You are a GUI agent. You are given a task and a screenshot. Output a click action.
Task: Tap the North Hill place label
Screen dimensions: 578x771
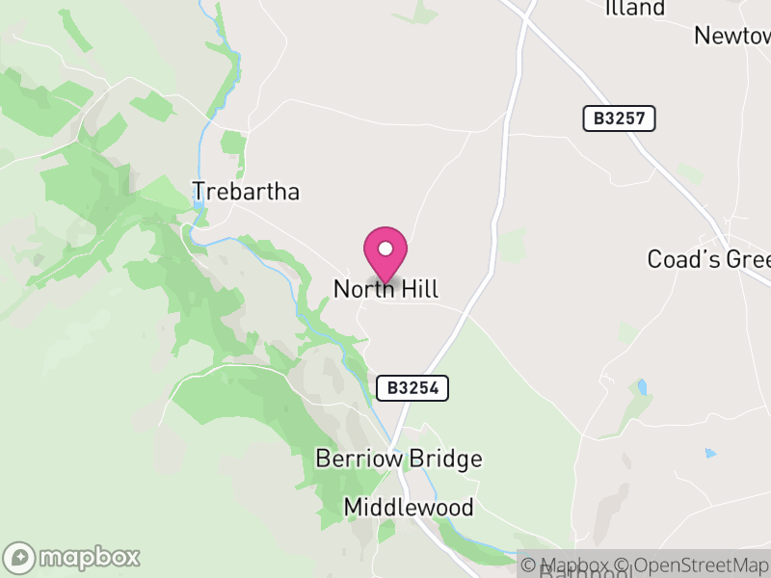coord(385,289)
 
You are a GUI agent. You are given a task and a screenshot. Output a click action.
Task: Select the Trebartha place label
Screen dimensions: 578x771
coord(246,192)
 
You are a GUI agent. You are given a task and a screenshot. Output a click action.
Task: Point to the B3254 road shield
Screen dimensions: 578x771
coord(412,388)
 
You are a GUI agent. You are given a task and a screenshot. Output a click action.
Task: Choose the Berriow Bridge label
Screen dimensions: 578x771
coord(399,459)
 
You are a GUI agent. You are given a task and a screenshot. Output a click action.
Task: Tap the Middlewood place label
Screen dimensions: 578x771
coord(409,508)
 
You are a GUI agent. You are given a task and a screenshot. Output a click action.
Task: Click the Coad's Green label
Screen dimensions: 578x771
coord(708,260)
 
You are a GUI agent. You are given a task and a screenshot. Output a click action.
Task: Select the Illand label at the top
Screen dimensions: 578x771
coord(635,9)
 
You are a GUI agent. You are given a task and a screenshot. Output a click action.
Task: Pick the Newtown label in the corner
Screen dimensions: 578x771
coord(732,36)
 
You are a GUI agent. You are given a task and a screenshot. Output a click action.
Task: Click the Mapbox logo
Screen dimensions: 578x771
coord(72,557)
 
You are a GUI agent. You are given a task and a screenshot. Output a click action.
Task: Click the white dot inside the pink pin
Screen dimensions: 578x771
coord(385,249)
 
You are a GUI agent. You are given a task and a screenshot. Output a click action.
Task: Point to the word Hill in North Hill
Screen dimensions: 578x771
coord(415,289)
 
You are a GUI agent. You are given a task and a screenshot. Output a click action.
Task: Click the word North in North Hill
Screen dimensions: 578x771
coord(361,289)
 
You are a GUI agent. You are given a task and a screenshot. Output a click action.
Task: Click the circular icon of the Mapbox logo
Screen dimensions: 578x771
coord(19,557)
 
